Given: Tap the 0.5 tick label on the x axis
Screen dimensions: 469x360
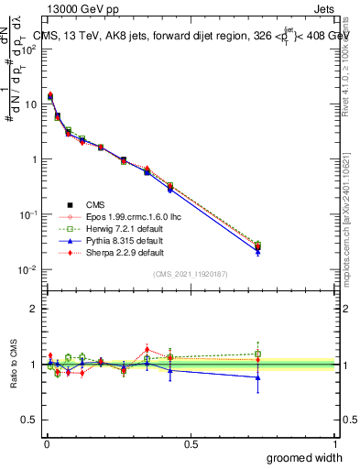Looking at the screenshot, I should tap(191, 442).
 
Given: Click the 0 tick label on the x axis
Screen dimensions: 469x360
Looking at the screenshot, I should tap(47, 442).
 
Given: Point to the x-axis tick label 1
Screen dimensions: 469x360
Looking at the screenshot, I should tap(334, 442).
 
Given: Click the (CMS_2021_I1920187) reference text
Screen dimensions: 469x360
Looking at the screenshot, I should tap(191, 274).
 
